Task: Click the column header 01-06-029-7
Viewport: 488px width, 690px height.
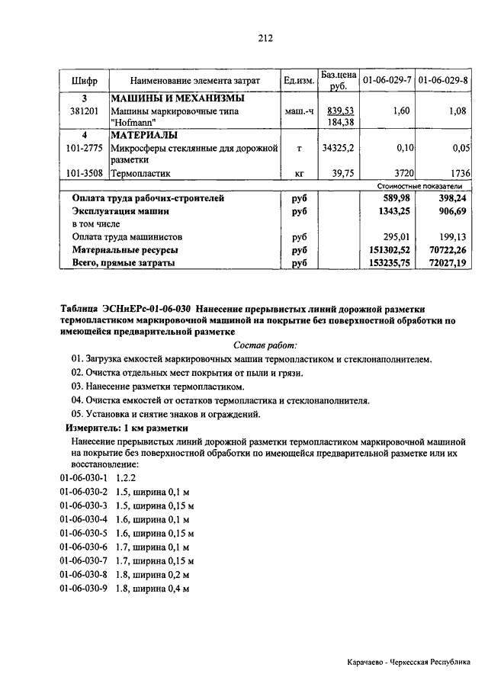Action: pos(387,80)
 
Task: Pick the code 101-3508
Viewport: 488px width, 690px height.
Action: pos(85,173)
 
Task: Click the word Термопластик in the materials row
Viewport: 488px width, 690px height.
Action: pos(140,173)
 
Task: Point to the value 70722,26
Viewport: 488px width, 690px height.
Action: pos(446,249)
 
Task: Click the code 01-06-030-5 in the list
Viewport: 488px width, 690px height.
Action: pos(84,533)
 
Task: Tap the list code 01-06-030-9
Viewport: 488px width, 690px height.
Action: pos(84,589)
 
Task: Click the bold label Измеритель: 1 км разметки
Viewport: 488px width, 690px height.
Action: pos(124,428)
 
